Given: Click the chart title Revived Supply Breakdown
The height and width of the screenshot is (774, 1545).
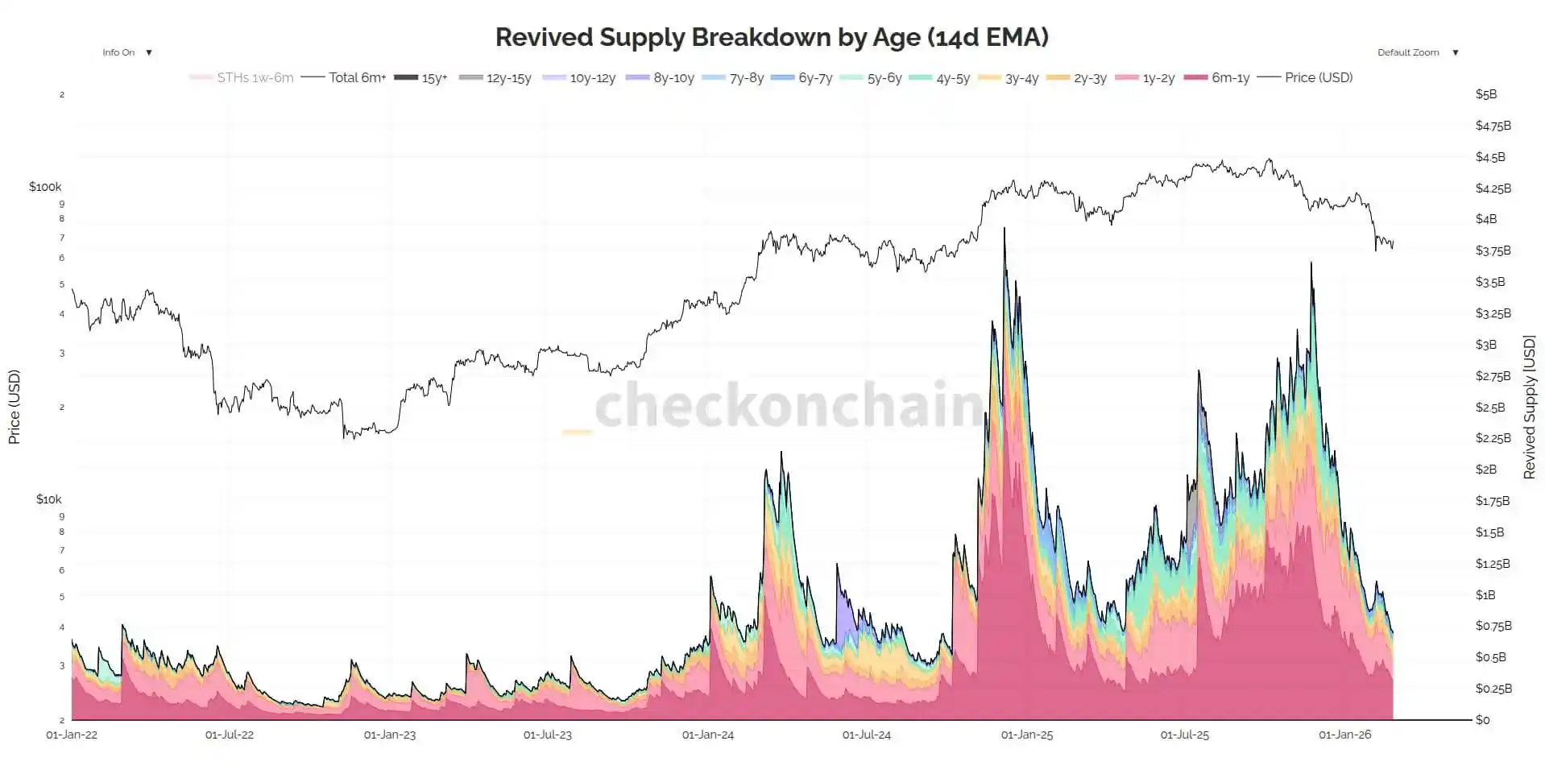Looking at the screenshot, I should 771,37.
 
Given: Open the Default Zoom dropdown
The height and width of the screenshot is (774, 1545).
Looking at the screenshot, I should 1417,52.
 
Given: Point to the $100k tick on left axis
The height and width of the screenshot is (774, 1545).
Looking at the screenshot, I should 45,187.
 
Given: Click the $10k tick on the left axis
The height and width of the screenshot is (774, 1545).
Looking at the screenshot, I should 48,499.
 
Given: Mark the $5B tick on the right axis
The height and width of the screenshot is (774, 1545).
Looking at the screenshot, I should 1486,94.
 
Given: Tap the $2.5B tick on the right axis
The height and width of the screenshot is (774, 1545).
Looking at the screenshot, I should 1489,408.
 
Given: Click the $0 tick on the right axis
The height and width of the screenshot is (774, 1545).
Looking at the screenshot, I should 1482,720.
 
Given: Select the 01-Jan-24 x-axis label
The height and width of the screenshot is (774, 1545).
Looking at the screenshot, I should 708,735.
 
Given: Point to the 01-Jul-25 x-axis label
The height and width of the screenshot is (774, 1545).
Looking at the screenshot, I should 1184,735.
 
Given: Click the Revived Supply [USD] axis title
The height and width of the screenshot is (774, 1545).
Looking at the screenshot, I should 1529,408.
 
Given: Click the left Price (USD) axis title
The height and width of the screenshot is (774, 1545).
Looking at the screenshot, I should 14,408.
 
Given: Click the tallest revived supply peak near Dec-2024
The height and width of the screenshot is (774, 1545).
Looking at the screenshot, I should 1004,230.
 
